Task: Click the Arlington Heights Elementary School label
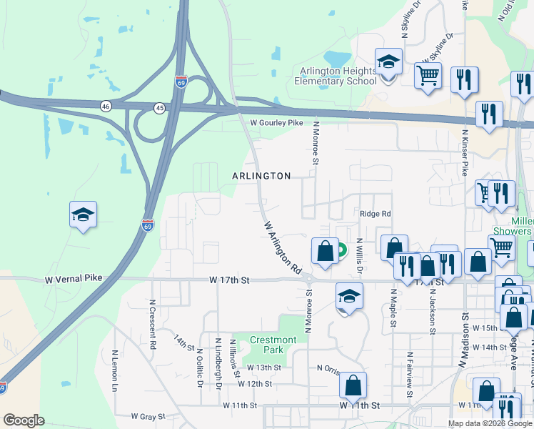coord(336,76)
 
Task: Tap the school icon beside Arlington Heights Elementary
coord(388,64)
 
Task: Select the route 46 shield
coord(106,106)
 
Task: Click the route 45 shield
coord(159,107)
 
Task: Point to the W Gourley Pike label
coord(276,123)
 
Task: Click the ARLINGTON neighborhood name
coord(261,176)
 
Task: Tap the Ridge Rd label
coord(376,214)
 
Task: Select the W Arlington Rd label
coord(282,248)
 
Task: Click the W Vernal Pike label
coord(74,277)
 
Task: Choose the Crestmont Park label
coord(273,345)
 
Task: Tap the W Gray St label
coord(148,416)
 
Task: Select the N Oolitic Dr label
coord(200,367)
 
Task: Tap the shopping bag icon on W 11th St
coord(353,386)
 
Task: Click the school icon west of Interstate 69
coord(83,214)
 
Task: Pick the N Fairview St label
coord(410,369)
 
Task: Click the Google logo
coord(24,420)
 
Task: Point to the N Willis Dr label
coord(360,256)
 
